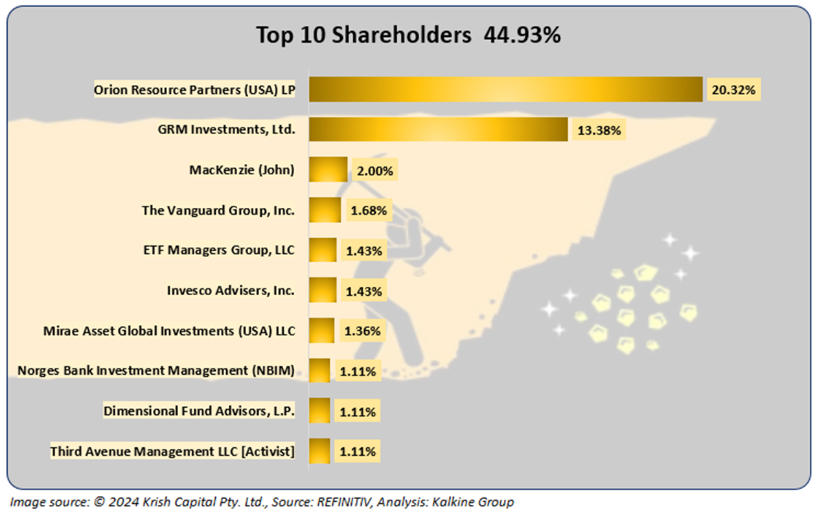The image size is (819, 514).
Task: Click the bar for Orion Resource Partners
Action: click(x=505, y=89)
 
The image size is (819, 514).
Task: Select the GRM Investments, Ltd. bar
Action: click(x=438, y=129)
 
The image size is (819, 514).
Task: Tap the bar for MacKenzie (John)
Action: click(x=328, y=170)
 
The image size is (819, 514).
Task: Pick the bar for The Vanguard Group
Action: click(x=325, y=210)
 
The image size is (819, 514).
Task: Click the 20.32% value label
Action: click(x=733, y=90)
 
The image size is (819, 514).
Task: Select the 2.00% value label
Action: click(x=374, y=171)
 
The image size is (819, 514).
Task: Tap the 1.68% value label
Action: click(x=367, y=210)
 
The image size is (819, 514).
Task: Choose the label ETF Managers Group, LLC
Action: click(x=218, y=250)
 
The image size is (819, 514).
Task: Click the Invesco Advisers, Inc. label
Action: click(x=231, y=290)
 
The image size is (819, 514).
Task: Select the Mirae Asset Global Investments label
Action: click(x=169, y=330)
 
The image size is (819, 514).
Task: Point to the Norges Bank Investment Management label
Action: click(x=156, y=370)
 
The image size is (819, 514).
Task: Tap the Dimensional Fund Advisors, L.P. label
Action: click(x=200, y=410)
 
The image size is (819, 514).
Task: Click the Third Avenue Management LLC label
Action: click(x=172, y=451)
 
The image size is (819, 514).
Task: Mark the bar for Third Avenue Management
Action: click(x=319, y=451)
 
